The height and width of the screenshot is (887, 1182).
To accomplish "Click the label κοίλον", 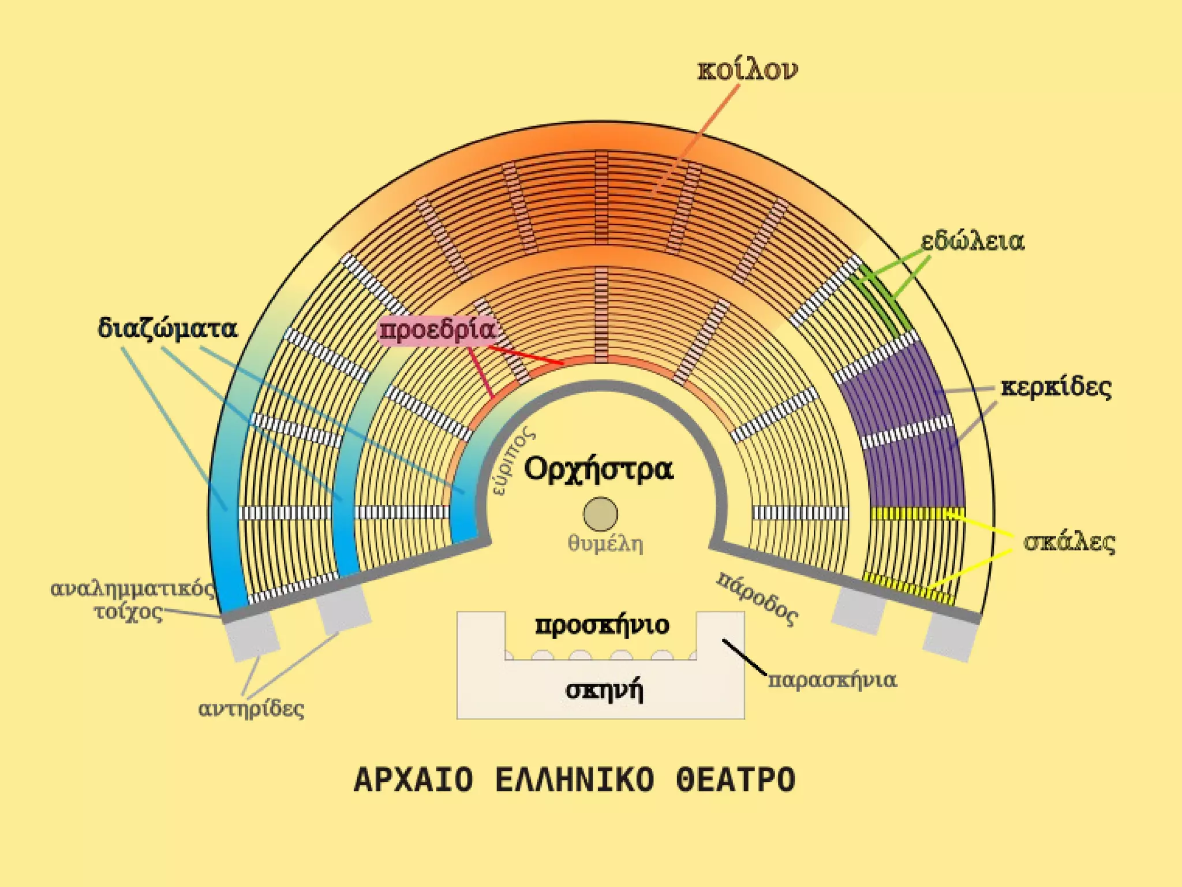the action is point(747,70).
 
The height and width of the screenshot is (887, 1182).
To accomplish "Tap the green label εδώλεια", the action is point(972,241).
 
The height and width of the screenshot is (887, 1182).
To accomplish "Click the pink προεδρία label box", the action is point(437,330).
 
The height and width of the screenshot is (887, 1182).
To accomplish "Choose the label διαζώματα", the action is point(167,329).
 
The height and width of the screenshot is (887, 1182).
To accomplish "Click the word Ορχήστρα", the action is point(598,468).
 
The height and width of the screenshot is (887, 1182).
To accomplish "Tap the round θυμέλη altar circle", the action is point(600,513).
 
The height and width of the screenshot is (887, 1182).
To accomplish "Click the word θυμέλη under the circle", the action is point(605,543).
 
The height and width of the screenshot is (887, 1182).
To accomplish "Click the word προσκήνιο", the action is point(602,625).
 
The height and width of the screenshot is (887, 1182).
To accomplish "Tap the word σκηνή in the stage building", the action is point(604,690).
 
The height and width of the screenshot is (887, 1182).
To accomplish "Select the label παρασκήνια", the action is point(832,680).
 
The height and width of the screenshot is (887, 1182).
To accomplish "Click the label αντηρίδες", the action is point(251,708).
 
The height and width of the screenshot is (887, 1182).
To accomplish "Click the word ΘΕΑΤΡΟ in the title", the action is point(735,780).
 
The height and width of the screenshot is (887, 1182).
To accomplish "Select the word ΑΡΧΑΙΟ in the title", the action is point(413,780).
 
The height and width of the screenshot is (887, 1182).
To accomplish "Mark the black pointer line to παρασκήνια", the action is point(745,657).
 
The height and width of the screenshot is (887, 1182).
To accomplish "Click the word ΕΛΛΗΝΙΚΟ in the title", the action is point(574,780).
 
